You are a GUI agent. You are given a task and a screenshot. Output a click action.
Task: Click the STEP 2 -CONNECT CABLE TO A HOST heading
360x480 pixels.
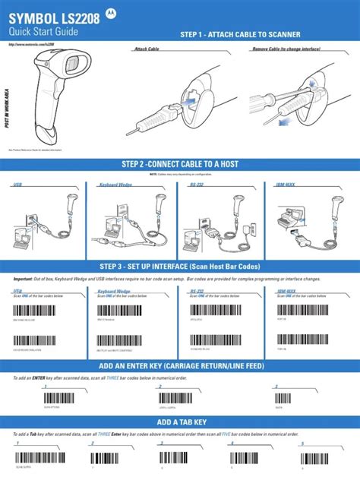(x=179, y=165)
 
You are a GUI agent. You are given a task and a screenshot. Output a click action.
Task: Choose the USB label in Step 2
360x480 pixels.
(x=17, y=185)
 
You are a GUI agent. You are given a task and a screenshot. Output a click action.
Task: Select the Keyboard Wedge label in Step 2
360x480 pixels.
(x=115, y=185)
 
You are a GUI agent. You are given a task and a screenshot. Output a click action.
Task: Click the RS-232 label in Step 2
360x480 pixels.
(x=196, y=185)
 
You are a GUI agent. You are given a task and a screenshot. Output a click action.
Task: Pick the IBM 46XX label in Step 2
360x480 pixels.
(x=287, y=185)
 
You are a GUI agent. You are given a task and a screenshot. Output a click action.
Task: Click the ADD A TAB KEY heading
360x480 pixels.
(x=179, y=422)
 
